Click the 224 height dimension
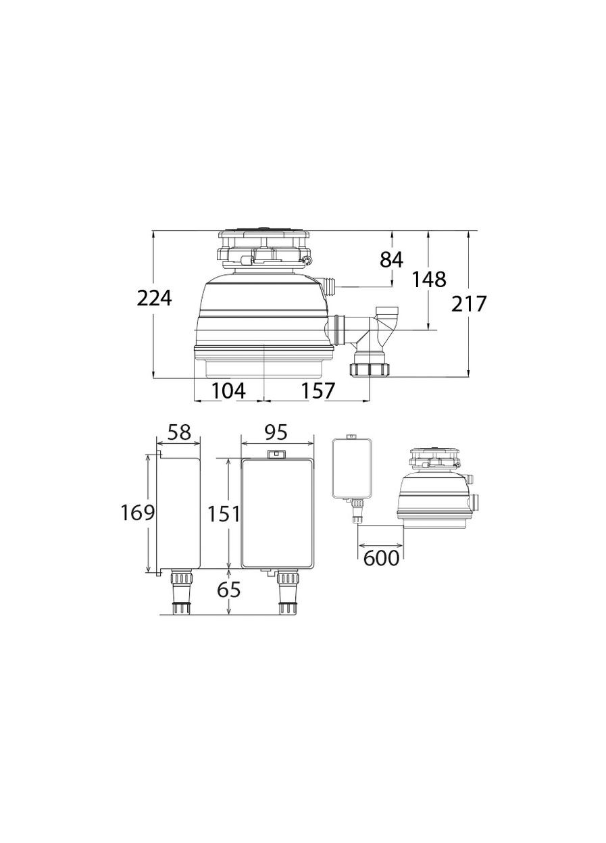[154, 299]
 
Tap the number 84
[391, 259]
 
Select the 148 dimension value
[429, 279]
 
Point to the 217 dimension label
[469, 303]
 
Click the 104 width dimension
[229, 390]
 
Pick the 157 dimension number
[318, 390]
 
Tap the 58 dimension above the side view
[180, 432]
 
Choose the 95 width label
[276, 432]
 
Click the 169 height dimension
[137, 512]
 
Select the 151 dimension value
[224, 513]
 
